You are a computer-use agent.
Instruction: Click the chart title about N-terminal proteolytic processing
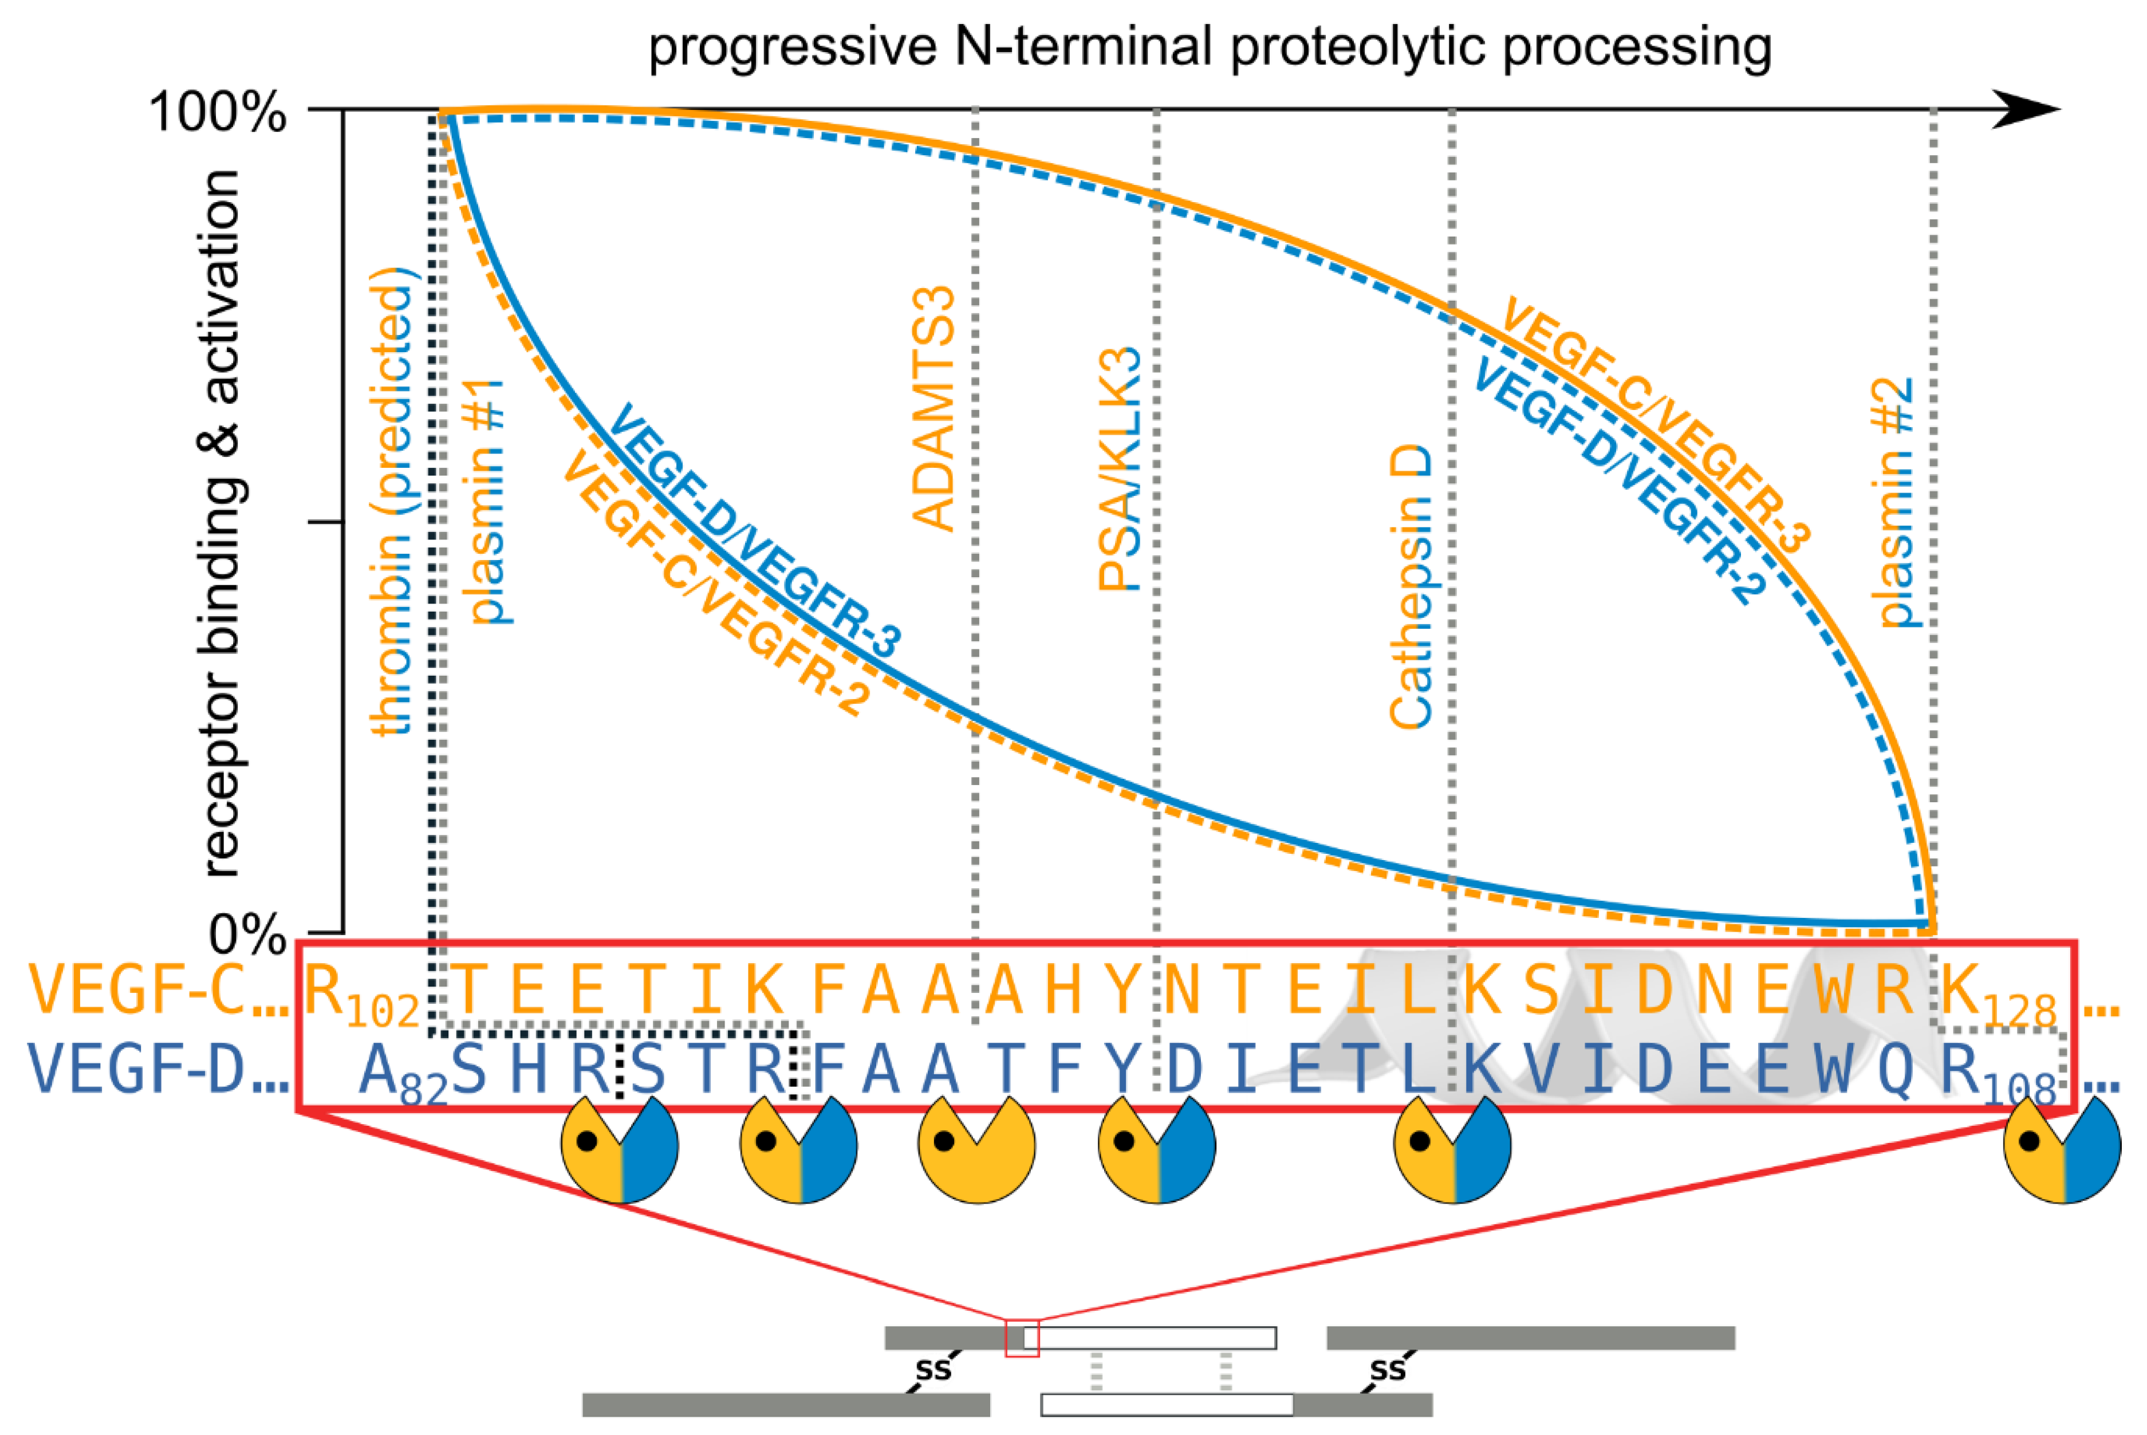tap(1210, 48)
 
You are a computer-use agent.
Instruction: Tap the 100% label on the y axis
tap(217, 115)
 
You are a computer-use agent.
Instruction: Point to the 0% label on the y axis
tap(247, 935)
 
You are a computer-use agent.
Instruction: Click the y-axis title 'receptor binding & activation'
tap(222, 522)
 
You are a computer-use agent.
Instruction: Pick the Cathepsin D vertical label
tap(1411, 586)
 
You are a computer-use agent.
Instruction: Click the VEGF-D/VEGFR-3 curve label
tap(754, 531)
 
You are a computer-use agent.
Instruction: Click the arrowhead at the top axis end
tap(2027, 110)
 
